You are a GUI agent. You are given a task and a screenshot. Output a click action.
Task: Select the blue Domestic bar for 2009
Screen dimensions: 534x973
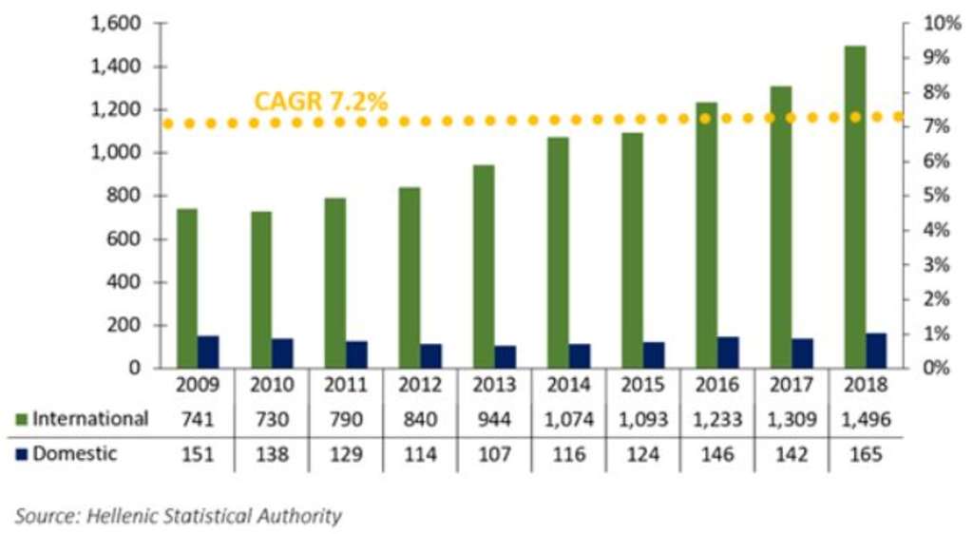pos(208,352)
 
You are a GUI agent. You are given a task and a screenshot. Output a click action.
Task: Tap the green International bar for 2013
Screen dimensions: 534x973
pos(485,266)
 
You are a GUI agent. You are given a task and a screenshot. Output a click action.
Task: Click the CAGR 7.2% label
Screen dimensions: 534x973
pos(320,102)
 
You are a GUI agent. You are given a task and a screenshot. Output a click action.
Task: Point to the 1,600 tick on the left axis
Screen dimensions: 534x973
pos(117,24)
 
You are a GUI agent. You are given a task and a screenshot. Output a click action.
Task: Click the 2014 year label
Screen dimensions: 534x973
pos(569,386)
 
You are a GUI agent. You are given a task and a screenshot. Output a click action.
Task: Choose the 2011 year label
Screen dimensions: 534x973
pos(346,386)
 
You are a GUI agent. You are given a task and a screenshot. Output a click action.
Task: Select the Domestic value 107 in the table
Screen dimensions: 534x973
pos(494,454)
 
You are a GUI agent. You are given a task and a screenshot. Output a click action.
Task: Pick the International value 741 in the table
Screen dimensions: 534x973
pos(198,419)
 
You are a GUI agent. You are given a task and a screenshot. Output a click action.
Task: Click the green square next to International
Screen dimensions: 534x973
pos(21,419)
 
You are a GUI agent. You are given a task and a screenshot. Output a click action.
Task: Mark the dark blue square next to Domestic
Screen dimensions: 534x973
pos(21,454)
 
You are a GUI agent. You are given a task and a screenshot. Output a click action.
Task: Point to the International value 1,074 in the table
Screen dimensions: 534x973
pos(569,419)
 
